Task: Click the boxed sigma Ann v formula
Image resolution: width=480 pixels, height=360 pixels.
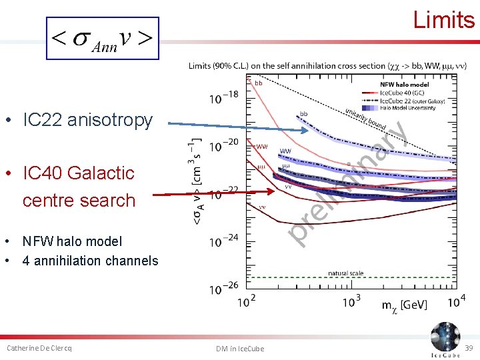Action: coord(103,39)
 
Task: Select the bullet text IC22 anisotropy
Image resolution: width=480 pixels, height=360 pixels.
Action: coord(87,120)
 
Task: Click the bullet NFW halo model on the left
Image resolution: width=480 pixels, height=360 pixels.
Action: coord(72,241)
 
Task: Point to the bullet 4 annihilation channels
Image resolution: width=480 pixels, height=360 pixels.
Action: coord(90,261)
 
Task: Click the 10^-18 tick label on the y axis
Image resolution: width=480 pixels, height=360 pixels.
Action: coord(223,98)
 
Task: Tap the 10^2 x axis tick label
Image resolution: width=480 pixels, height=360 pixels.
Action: coord(247,302)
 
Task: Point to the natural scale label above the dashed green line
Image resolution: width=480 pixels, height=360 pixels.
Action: coord(345,273)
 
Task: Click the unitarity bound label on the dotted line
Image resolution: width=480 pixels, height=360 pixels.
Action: coord(365,119)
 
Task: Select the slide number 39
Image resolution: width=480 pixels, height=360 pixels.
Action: coord(469,349)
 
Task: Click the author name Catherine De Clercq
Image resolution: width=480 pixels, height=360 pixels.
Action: coord(39,348)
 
